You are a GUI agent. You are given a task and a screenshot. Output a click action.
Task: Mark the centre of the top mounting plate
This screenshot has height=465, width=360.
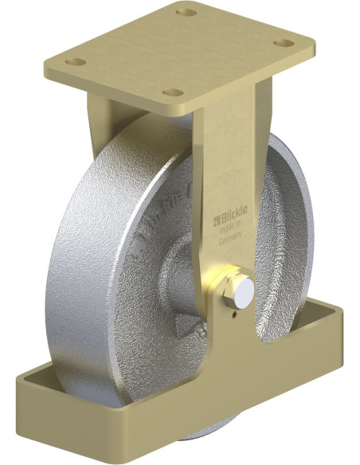click(179, 54)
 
